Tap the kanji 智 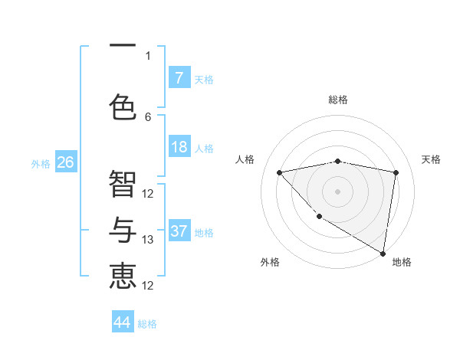click(x=123, y=184)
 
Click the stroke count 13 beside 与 click(x=148, y=240)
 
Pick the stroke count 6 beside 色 click(x=148, y=116)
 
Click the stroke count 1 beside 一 click(x=148, y=55)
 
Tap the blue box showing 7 click(x=179, y=77)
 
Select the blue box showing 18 click(x=179, y=147)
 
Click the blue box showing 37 click(x=179, y=231)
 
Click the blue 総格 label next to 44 click(x=147, y=324)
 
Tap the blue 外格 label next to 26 click(x=41, y=163)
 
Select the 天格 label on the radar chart click(x=431, y=159)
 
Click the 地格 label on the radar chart click(x=402, y=262)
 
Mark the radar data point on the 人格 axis click(x=279, y=172)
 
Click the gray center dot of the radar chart click(x=337, y=191)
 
